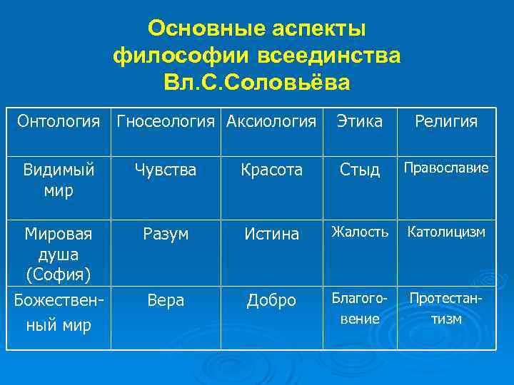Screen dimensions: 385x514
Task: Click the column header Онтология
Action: [x=59, y=122]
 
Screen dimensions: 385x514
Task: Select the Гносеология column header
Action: [x=166, y=122]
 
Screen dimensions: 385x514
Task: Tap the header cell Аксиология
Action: [x=271, y=122]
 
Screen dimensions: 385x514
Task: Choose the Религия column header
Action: [x=446, y=122]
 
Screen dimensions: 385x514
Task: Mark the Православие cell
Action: [x=446, y=168]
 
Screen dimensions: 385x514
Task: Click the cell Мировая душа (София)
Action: [x=59, y=253]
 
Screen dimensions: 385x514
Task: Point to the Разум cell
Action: [x=166, y=234]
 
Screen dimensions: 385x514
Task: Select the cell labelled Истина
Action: [x=271, y=234]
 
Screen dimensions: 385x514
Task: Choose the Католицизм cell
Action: [x=446, y=232]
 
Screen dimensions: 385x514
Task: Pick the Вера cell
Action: [x=166, y=301]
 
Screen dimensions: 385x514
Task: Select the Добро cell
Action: [x=271, y=301]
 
